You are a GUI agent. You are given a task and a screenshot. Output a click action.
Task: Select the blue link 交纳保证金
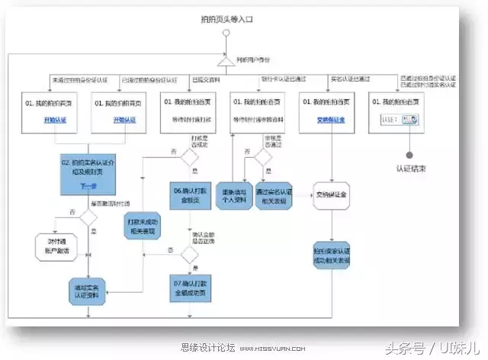[x=330, y=121]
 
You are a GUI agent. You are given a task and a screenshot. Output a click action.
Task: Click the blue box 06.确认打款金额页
[x=190, y=195]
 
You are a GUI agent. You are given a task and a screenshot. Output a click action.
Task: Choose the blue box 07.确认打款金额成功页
[x=190, y=286]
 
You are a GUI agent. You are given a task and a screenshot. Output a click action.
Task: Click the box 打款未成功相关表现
[x=141, y=227]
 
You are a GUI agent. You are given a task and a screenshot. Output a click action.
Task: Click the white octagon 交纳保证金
[x=332, y=195]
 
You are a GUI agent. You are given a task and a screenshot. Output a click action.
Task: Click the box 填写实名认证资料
[x=90, y=287]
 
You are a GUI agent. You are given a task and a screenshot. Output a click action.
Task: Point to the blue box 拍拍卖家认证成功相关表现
[x=332, y=256]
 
